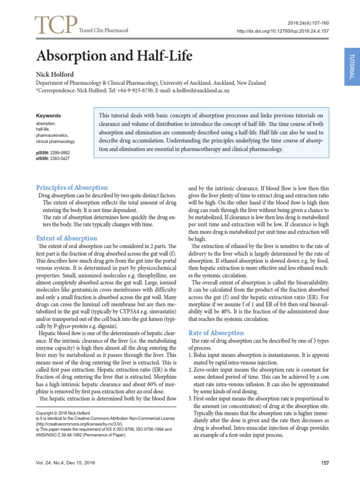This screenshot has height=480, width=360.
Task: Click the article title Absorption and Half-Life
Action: click(114, 57)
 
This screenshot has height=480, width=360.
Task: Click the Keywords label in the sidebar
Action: click(48, 116)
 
